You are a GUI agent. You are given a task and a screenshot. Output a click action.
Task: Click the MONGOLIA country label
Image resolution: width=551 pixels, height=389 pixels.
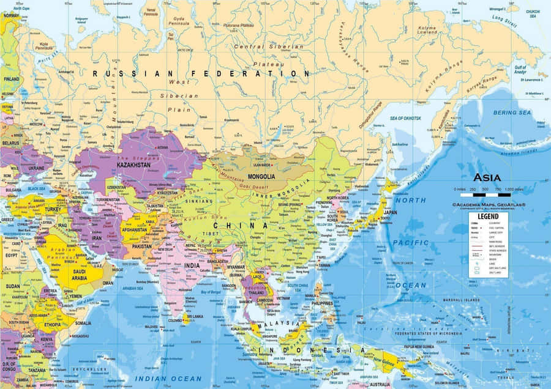(x=261, y=177)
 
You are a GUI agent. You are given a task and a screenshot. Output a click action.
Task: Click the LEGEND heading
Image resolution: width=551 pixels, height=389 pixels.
(x=489, y=217)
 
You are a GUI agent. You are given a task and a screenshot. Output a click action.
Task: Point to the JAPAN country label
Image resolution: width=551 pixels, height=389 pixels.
(x=390, y=213)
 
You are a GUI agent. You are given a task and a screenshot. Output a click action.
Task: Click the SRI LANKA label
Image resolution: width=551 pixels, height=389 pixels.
(x=195, y=317)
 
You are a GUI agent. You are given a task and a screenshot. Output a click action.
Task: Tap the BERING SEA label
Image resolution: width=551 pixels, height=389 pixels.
(x=512, y=113)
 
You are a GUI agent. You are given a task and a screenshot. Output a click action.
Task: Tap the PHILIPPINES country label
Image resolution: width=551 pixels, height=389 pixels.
(x=322, y=303)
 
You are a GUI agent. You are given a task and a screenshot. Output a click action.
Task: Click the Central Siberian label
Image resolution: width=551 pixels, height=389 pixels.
(x=269, y=46)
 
